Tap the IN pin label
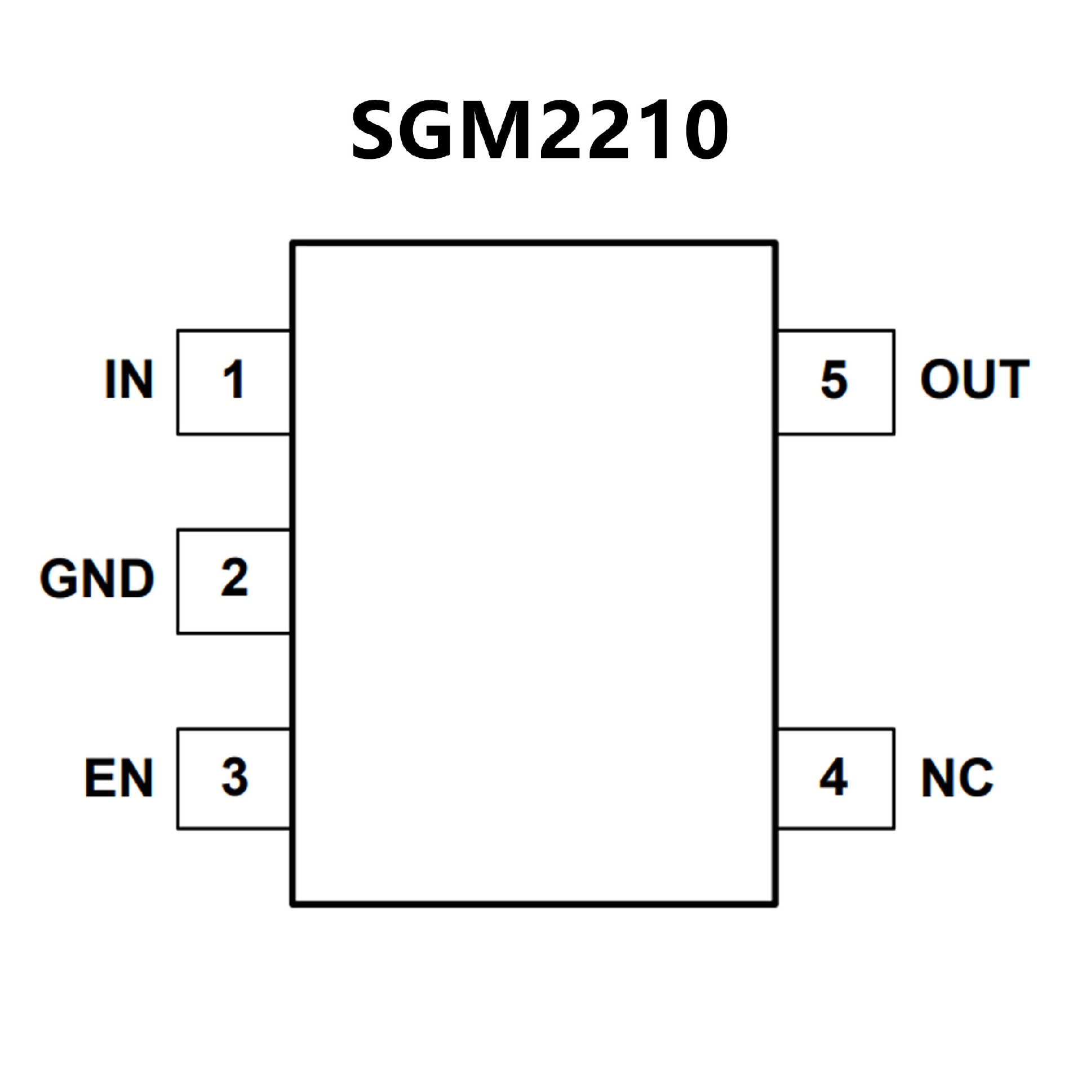129,379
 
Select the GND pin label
97,578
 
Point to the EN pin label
119,777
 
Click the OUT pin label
975,379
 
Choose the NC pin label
957,777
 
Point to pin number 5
834,379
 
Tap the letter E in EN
100,777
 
